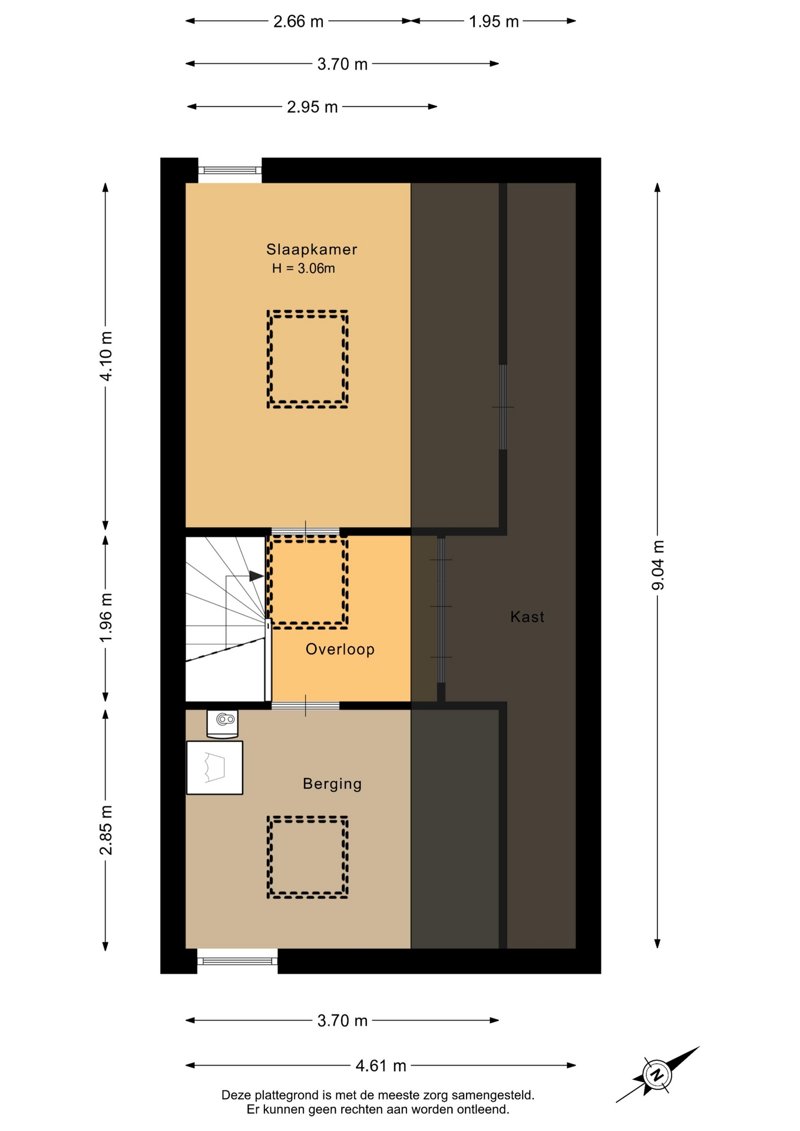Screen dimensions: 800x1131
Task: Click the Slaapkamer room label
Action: point(312,250)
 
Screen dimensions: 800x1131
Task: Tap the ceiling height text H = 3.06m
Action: point(303,269)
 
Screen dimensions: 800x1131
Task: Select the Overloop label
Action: point(340,650)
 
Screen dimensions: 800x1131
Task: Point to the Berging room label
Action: point(332,784)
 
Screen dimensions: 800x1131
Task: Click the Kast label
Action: point(527,617)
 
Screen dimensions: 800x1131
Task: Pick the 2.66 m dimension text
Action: point(298,22)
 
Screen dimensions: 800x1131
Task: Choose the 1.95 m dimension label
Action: point(494,22)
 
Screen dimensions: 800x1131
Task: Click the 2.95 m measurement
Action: point(312,107)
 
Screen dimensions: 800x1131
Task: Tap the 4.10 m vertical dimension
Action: point(106,356)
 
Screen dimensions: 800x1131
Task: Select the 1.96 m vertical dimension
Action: point(106,619)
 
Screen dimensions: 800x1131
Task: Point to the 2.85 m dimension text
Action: point(106,830)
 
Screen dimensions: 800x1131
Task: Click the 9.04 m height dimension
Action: point(658,565)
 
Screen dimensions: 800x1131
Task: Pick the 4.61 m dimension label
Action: point(381,1066)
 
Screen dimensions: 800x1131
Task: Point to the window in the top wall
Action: point(230,170)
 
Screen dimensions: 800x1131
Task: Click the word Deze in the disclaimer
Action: point(236,1095)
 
